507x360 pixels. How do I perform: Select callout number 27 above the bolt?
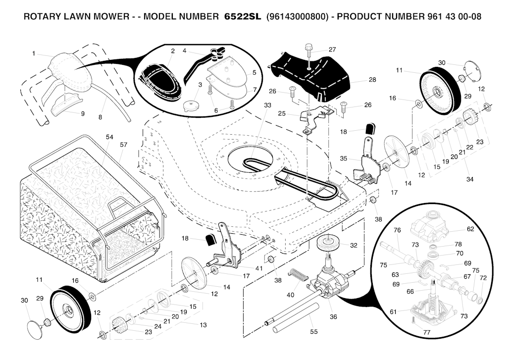click(x=332, y=50)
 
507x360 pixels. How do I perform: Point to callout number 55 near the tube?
click(x=313, y=332)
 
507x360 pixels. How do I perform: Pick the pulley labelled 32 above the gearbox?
click(x=329, y=245)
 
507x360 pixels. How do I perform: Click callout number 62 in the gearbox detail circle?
click(x=470, y=229)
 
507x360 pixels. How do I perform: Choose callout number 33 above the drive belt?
click(x=268, y=105)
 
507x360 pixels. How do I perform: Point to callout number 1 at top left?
click(x=34, y=53)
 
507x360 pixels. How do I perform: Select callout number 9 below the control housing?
click(x=83, y=113)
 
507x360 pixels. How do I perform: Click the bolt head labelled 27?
click(x=308, y=49)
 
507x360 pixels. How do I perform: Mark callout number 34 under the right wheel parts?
click(x=470, y=179)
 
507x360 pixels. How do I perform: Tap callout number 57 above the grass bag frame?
click(x=123, y=145)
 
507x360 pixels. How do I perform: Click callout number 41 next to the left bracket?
click(x=259, y=268)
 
